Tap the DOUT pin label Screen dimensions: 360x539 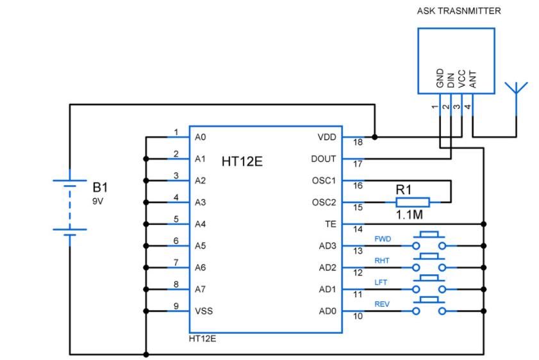322,159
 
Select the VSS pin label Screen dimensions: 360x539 204,311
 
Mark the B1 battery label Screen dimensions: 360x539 101,188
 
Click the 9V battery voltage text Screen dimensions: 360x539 98,200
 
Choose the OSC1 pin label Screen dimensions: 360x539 322,181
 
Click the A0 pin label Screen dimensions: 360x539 200,137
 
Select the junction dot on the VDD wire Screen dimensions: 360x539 375,137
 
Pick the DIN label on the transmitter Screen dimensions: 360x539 451,78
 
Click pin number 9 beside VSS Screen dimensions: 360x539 176,306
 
